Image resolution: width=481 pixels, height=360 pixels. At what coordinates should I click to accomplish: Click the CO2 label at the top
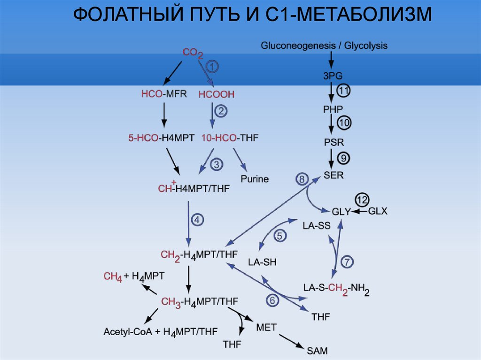(x=193, y=54)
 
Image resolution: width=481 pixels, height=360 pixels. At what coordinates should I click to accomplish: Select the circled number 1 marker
(x=212, y=67)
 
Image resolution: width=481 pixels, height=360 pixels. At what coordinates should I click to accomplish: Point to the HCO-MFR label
(x=164, y=94)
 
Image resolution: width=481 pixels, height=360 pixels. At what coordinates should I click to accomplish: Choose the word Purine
(x=255, y=179)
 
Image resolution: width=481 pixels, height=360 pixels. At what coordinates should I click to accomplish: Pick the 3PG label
(x=333, y=76)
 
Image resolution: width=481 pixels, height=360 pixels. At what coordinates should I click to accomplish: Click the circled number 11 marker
(x=343, y=91)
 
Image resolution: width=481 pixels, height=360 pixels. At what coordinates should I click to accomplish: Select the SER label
(x=334, y=176)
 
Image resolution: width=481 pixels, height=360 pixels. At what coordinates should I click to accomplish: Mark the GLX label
(x=377, y=211)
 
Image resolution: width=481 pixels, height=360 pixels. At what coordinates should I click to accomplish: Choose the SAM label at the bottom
(x=318, y=350)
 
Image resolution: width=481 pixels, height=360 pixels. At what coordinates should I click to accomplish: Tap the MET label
(x=266, y=326)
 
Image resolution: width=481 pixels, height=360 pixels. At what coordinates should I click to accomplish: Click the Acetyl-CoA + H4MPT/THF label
(x=161, y=331)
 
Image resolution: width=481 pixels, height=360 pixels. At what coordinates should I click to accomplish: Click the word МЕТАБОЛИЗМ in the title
(x=364, y=16)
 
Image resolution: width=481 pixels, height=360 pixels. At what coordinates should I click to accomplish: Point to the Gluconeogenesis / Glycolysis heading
(x=324, y=46)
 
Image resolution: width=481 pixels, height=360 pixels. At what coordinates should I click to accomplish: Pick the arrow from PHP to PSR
(x=332, y=124)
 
